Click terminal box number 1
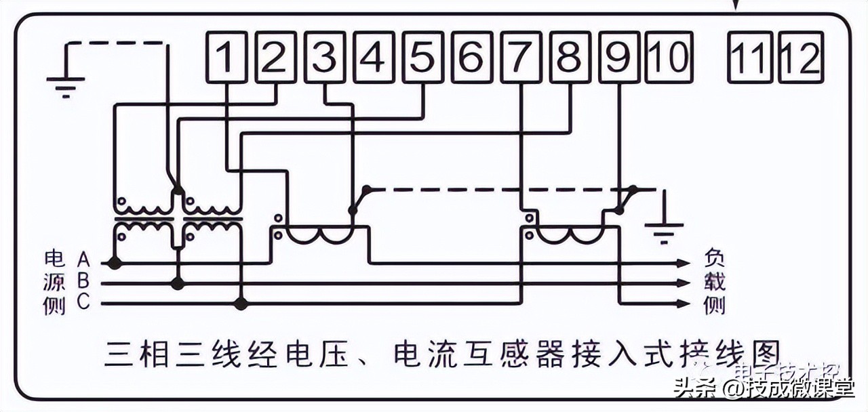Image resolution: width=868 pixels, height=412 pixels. [x=226, y=57]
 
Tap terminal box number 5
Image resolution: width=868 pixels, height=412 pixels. [x=424, y=57]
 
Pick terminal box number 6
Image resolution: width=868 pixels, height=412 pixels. [x=473, y=57]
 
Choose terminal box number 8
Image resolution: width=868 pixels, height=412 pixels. [x=570, y=57]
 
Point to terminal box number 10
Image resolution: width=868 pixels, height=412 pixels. [x=668, y=57]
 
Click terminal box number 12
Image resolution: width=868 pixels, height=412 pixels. [x=801, y=57]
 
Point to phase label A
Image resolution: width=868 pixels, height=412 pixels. [x=83, y=259]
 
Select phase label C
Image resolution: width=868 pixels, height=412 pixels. [x=83, y=302]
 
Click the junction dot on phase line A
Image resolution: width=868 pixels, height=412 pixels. [x=115, y=262]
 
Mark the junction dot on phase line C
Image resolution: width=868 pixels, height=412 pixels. [x=241, y=304]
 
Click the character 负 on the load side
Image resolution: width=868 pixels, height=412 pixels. [x=714, y=258]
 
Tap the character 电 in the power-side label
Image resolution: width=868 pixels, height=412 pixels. [x=54, y=259]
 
